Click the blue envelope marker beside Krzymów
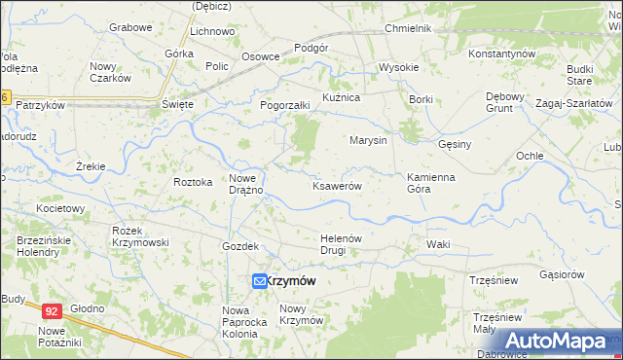tap(260, 281)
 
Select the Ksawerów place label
tap(337, 186)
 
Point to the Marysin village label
tap(369, 140)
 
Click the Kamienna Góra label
tap(431, 183)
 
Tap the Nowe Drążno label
tap(247, 184)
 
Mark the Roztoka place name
tap(192, 182)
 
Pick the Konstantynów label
tap(502, 53)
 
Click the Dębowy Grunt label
tap(506, 102)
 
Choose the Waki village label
tap(438, 244)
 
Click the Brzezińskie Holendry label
tap(38, 246)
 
